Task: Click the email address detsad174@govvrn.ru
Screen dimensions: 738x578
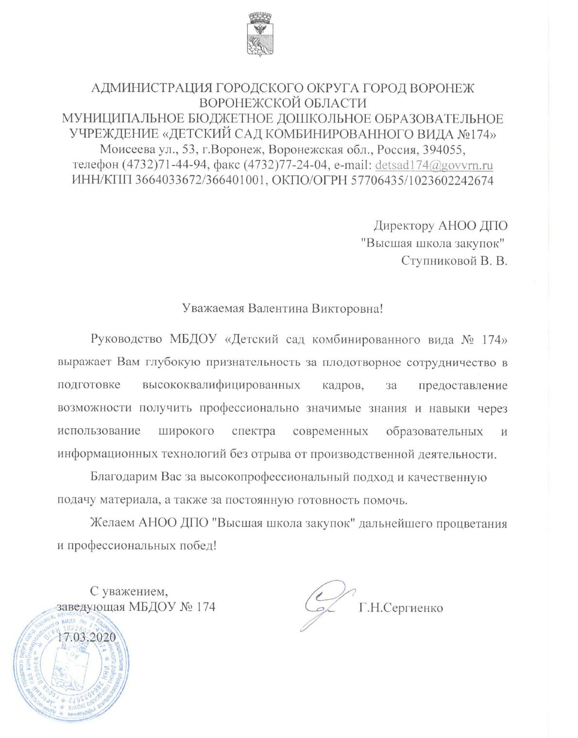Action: pyautogui.click(x=434, y=165)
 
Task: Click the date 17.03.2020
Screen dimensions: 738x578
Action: pyautogui.click(x=86, y=637)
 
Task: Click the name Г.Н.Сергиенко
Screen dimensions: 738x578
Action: pyautogui.click(x=401, y=607)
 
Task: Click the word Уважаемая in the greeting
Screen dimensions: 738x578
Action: pyautogui.click(x=212, y=308)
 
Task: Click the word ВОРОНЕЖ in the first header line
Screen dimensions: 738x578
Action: pyautogui.click(x=442, y=88)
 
